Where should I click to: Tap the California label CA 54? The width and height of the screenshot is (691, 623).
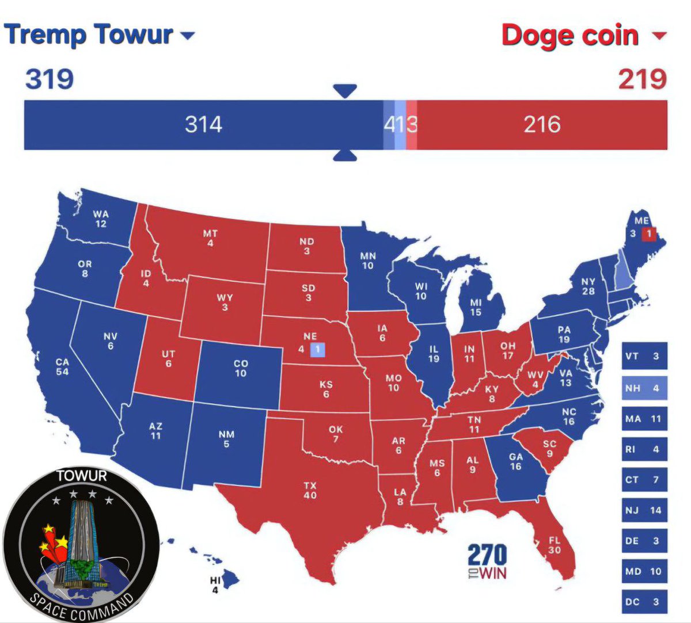(62, 367)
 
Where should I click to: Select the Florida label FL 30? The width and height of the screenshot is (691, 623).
(554, 545)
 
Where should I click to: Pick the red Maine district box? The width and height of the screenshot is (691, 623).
(648, 234)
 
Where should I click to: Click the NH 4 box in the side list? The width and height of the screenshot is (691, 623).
(644, 388)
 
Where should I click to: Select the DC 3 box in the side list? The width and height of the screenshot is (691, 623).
(644, 602)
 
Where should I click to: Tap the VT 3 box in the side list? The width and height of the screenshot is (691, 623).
(644, 357)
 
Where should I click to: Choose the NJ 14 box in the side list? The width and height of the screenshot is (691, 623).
(644, 510)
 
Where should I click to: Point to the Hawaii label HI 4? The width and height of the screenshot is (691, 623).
(215, 586)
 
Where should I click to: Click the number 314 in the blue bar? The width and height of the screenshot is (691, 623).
(203, 124)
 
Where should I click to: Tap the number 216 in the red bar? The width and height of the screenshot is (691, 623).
(542, 124)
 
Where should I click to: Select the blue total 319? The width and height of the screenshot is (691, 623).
(50, 78)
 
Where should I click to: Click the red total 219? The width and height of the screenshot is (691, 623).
(642, 79)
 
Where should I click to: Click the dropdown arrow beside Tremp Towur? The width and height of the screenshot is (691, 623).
(188, 36)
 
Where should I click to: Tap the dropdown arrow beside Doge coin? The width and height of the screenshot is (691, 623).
(659, 36)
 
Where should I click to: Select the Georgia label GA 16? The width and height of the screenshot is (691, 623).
(515, 461)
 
